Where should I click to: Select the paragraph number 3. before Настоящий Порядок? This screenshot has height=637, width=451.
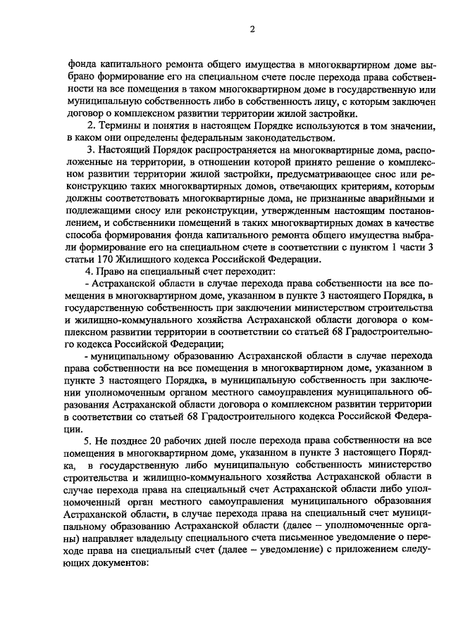[x=89, y=150]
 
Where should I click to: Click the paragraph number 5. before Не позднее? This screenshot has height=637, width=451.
[x=89, y=439]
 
